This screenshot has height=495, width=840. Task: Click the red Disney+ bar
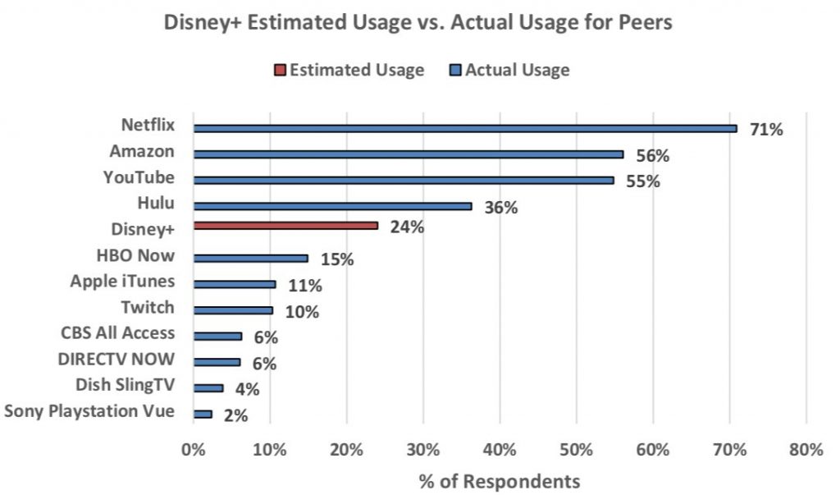tap(285, 225)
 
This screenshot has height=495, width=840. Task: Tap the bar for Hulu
tap(332, 206)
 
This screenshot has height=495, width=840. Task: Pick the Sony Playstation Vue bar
tap(203, 415)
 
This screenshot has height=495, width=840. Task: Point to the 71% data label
tap(766, 130)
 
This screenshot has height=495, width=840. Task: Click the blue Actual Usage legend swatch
tap(456, 71)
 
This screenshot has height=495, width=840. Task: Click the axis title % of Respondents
tap(499, 481)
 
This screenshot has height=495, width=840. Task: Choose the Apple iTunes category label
tap(122, 282)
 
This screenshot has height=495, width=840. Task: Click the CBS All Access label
tap(118, 333)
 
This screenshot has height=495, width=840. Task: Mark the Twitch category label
tap(148, 307)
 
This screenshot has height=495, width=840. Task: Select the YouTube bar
tap(403, 180)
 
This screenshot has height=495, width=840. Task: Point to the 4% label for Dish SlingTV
tap(247, 390)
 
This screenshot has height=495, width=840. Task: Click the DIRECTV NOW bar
tap(217, 362)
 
